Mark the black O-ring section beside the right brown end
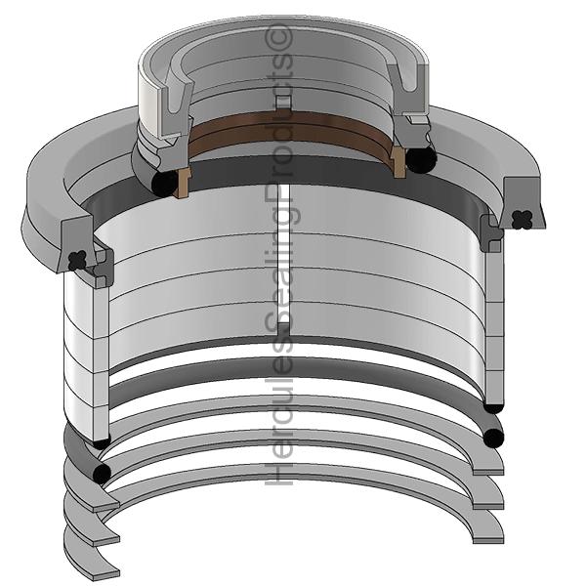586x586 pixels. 421,159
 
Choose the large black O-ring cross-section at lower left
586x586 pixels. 101,473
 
